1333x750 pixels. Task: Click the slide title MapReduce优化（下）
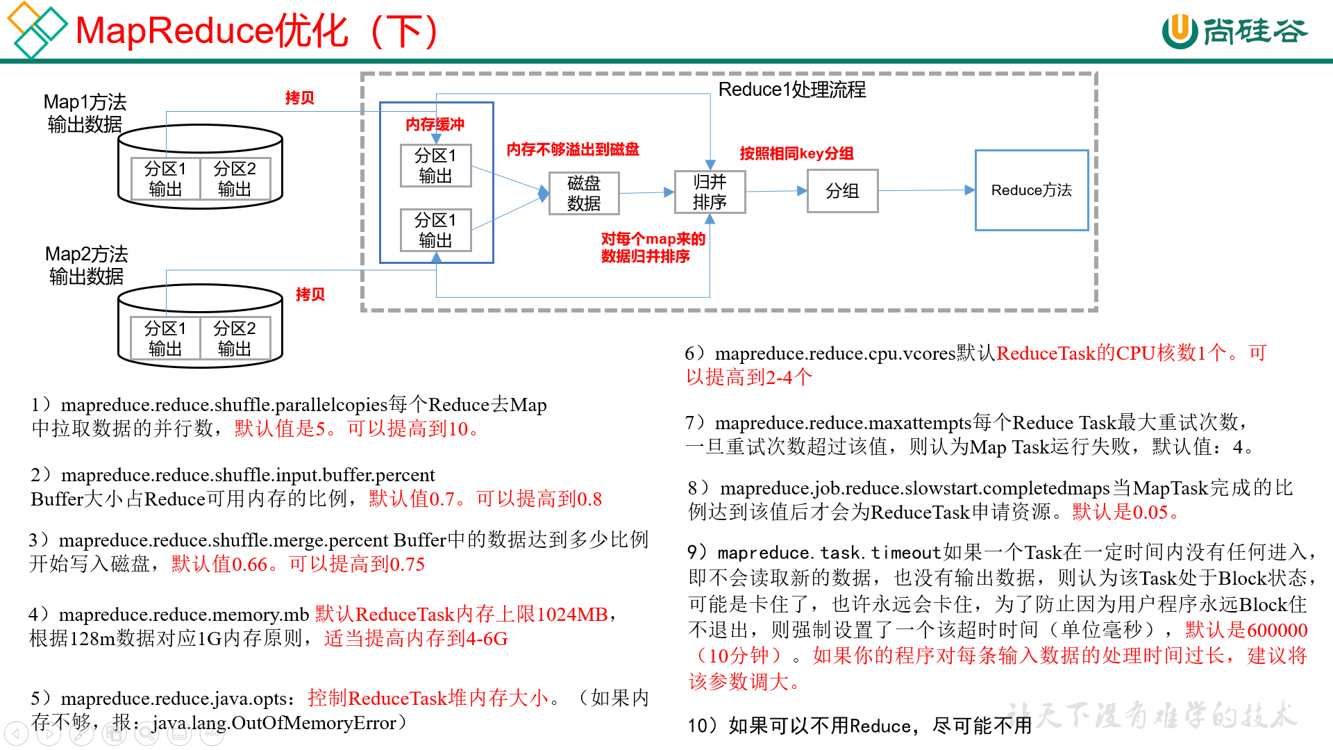(257, 31)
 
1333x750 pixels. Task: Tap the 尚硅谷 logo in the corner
(1235, 31)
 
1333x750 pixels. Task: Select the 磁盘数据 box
(584, 193)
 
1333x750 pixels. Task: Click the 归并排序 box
(710, 192)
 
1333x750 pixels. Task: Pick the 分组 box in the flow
(842, 191)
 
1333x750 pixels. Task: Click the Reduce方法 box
(1031, 190)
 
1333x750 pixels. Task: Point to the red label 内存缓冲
(435, 124)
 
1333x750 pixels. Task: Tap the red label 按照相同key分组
(796, 153)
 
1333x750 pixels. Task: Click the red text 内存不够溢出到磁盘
(573, 149)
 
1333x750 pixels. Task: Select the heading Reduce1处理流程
(791, 90)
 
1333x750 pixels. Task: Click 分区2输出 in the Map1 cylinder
(235, 179)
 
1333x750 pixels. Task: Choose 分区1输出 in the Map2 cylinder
(165, 338)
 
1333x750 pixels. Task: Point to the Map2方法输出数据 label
(86, 265)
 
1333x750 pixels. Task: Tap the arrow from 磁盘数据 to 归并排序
(646, 192)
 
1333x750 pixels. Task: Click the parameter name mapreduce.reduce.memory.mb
(183, 615)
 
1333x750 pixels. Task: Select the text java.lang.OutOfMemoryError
(274, 723)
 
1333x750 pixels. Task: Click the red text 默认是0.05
(1124, 512)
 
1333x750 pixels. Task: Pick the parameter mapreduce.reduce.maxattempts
(843, 423)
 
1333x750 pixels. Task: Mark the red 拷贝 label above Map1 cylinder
(300, 98)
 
